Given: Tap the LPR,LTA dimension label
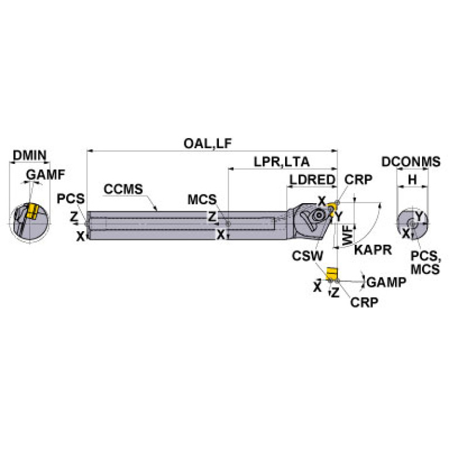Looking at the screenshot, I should [x=282, y=162].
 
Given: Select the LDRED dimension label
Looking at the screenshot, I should [x=311, y=180].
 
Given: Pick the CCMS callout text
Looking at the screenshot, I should [x=123, y=189].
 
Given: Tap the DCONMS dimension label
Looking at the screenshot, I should [x=410, y=162].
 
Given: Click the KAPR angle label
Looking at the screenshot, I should [x=369, y=248].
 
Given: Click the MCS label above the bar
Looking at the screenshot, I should [x=202, y=198].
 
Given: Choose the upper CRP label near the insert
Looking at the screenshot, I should [x=358, y=180].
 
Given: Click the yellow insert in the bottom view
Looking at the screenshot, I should [x=331, y=273].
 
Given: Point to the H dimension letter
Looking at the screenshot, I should [x=412, y=180].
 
